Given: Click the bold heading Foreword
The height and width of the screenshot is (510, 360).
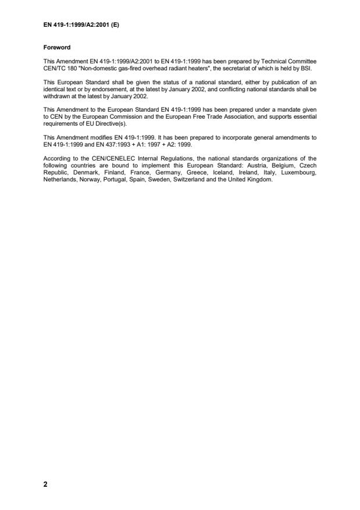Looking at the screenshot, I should pos(57,48).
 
